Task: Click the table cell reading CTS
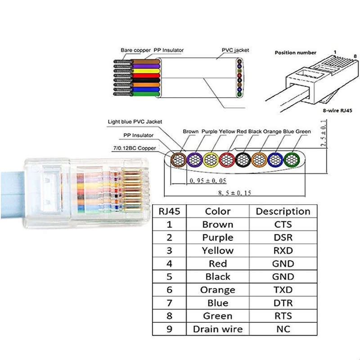tap(283, 225)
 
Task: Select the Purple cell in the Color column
tap(218, 238)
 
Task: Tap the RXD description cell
tap(283, 251)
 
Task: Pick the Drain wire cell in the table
tap(218, 329)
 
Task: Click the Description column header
tap(283, 211)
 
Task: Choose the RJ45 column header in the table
tap(169, 211)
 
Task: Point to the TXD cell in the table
tap(283, 290)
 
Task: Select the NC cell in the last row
tap(283, 329)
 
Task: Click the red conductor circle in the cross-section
tap(227, 160)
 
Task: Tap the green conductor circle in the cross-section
tap(292, 160)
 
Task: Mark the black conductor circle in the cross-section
tap(243, 160)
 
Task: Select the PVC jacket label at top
tap(235, 50)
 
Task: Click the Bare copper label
tap(136, 50)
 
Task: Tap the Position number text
tap(296, 53)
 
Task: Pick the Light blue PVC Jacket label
tap(135, 121)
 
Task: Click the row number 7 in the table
tap(169, 303)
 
